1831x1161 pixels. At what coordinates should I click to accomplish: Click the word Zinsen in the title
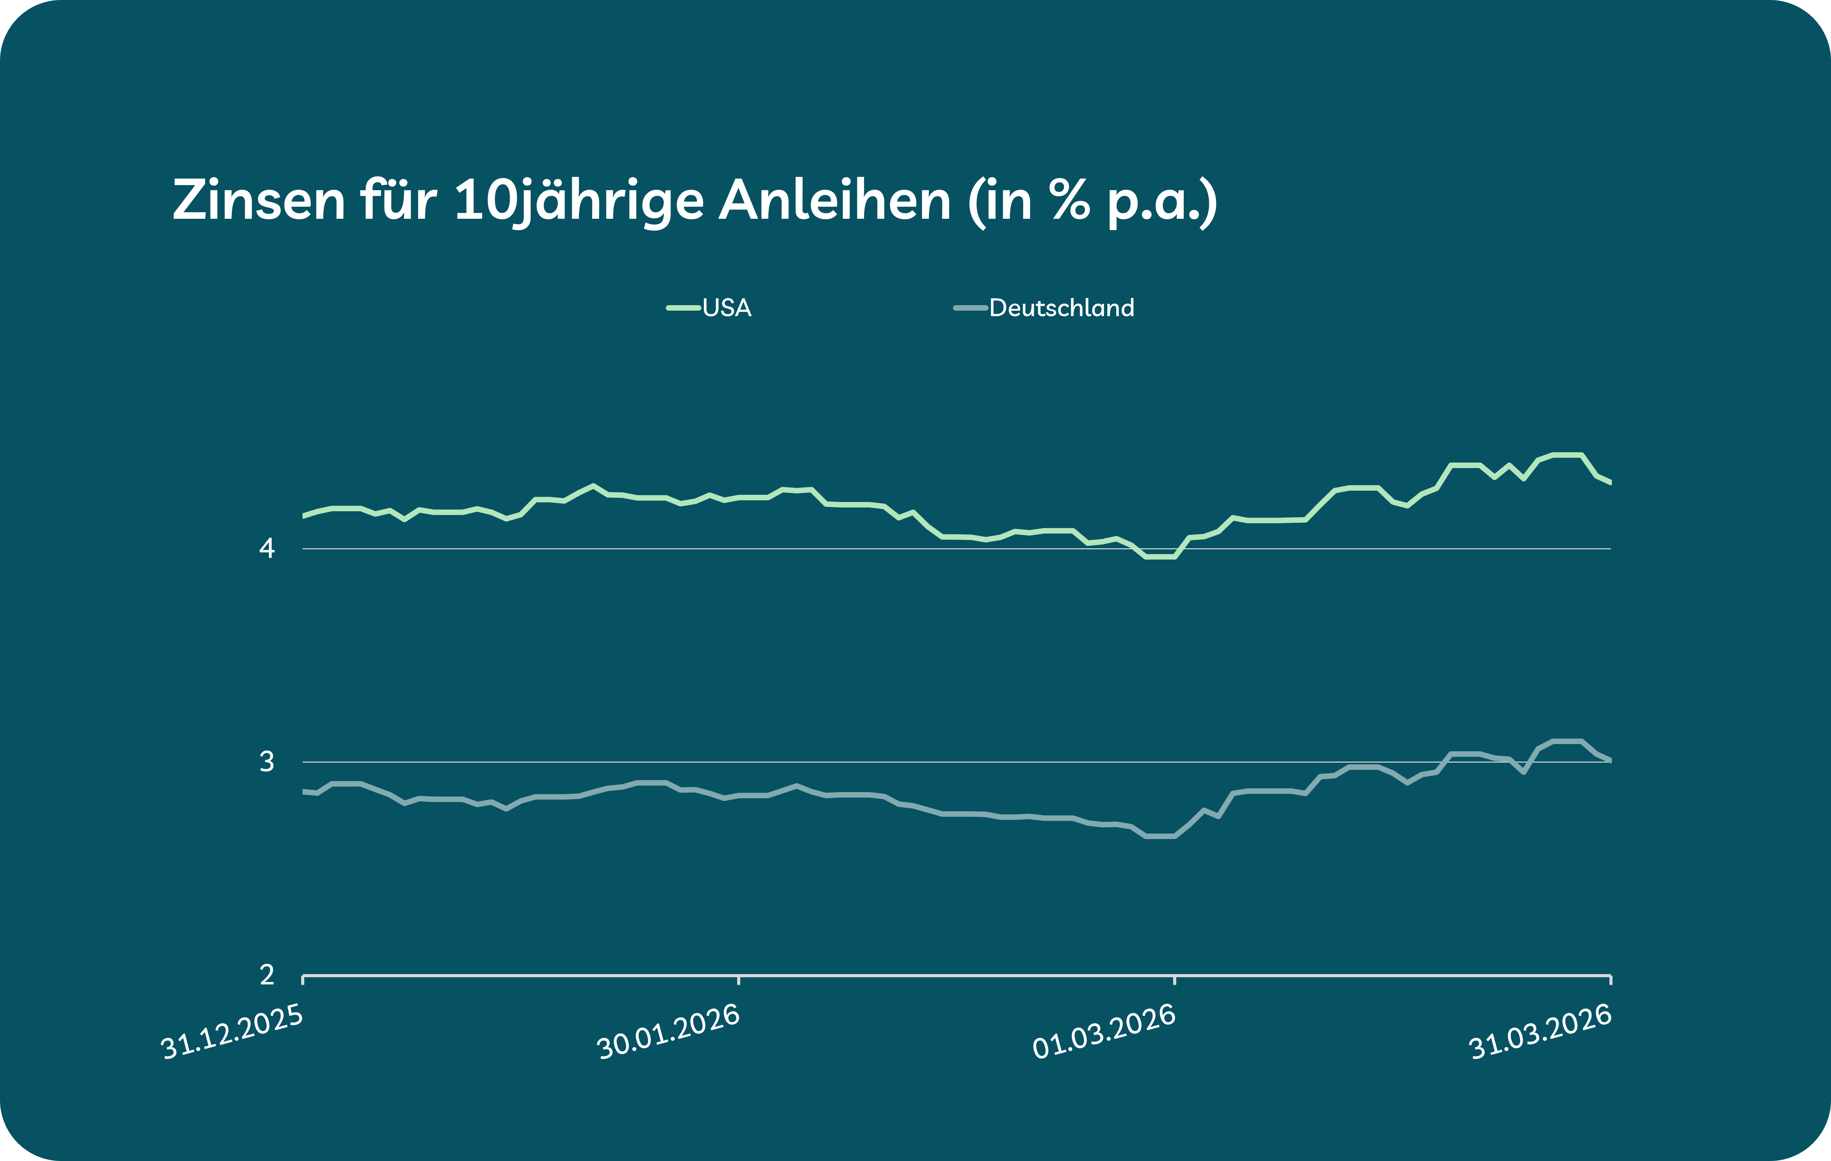pos(259,202)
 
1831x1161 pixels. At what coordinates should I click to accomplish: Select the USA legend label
pos(727,308)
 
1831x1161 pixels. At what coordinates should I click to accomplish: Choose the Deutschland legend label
pos(1062,308)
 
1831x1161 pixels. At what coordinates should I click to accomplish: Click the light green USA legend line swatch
pos(683,308)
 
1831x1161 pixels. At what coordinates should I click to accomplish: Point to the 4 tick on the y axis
pos(267,548)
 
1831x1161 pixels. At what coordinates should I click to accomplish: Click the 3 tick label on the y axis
pos(267,761)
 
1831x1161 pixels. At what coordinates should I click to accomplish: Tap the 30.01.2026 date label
pos(669,1032)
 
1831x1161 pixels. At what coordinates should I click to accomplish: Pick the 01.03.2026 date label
pos(1104,1032)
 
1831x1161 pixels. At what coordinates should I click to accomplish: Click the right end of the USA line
pos(1610,482)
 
